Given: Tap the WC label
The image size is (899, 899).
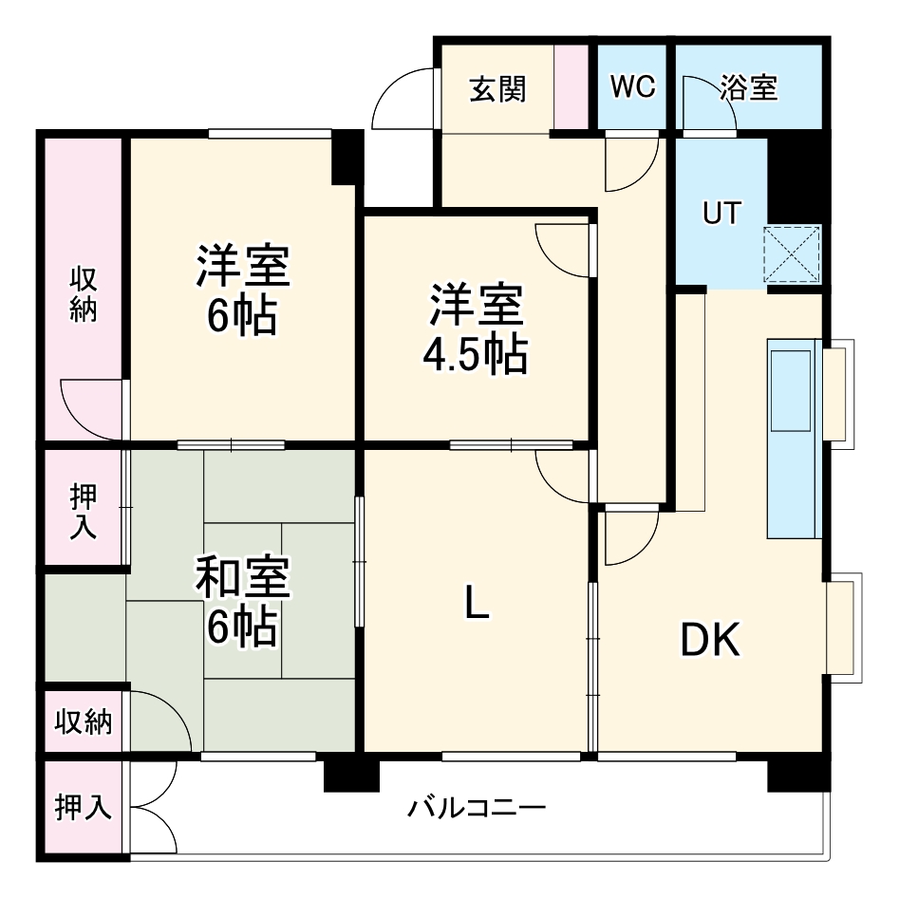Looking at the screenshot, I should click(632, 87).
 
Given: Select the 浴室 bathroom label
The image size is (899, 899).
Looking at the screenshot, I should click(748, 88).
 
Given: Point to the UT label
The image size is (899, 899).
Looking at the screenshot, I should click(721, 213).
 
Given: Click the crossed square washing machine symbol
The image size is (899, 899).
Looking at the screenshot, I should click(793, 253).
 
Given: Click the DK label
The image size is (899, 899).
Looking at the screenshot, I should click(710, 642).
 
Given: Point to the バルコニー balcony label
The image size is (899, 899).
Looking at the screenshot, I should click(477, 809).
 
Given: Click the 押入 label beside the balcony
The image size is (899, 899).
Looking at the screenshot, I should click(83, 808).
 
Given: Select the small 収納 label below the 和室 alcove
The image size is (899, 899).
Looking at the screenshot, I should click(83, 721).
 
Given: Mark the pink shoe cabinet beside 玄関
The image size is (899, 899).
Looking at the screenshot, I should click(571, 87).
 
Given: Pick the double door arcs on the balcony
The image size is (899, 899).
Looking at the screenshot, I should click(157, 809).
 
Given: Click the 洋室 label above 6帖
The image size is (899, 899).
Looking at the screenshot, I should click(243, 267).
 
